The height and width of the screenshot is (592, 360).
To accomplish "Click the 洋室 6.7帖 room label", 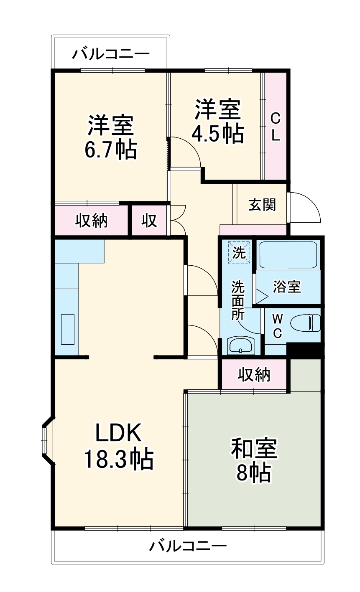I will click(x=110, y=137).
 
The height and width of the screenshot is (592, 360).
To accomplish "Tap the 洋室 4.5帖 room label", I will click(x=217, y=121).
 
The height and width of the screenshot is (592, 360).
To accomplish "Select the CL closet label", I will click(x=276, y=127).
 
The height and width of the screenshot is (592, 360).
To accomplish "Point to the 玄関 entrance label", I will click(x=262, y=205).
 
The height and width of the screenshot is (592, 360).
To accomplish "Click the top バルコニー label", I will click(x=111, y=54).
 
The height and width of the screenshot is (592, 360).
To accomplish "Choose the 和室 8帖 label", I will click(x=254, y=460).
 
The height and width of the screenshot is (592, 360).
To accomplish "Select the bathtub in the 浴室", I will click(x=288, y=254).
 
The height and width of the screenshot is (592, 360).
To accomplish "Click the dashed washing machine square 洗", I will click(x=239, y=252).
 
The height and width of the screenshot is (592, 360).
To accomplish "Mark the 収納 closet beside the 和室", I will click(x=254, y=375).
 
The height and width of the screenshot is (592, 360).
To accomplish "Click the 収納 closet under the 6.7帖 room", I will click(x=91, y=220).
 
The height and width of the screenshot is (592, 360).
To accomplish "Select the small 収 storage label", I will click(x=149, y=220).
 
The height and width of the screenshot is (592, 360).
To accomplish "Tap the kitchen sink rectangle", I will click(x=68, y=329).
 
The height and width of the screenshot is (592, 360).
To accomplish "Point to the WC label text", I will click(x=277, y=326).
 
